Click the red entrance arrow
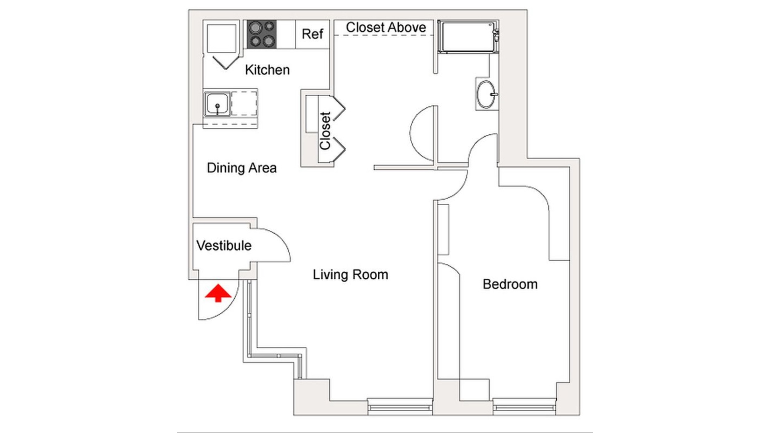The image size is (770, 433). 218,293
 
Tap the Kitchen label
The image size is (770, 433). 267,70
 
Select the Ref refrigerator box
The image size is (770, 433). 312,34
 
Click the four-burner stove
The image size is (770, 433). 261,34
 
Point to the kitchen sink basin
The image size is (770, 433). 217,104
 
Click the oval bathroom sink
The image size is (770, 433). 486,95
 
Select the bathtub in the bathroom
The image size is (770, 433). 467,37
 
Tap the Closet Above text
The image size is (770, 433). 385,27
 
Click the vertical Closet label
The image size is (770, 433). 325,131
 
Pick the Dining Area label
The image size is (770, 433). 241,168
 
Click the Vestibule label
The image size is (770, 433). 224,245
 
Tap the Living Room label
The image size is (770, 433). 350,275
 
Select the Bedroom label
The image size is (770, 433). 510,284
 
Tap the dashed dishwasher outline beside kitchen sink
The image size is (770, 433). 244,103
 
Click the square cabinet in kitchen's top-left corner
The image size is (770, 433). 221,38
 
